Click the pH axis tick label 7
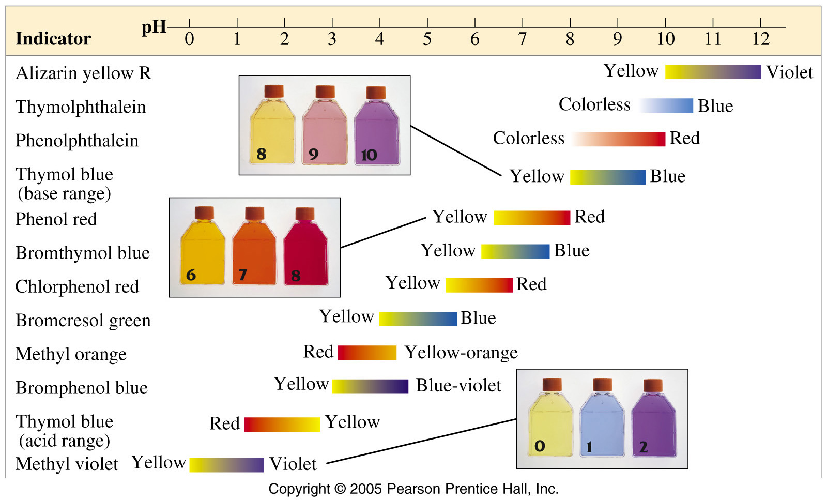[x=523, y=39]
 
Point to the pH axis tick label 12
[x=760, y=39]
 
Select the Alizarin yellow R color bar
[x=713, y=72]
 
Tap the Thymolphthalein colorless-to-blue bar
[x=666, y=105]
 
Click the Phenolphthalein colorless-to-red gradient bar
[x=618, y=139]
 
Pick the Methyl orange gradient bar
[x=367, y=353]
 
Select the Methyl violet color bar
[x=227, y=465]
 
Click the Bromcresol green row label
[x=83, y=320]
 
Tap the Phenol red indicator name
[x=56, y=219]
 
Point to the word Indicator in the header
[x=53, y=38]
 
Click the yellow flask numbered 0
[x=550, y=418]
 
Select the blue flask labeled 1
[x=602, y=418]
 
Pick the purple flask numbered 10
[x=377, y=125]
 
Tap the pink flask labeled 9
[x=325, y=125]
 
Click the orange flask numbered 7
[x=254, y=246]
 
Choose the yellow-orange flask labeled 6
[x=203, y=246]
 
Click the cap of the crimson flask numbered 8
[x=305, y=214]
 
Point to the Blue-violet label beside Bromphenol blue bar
[x=459, y=386]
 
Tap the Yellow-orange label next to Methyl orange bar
[x=462, y=353]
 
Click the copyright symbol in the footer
[x=340, y=489]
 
